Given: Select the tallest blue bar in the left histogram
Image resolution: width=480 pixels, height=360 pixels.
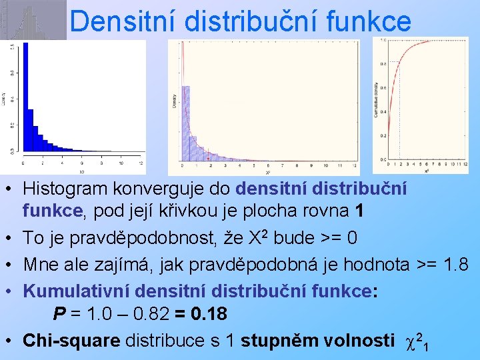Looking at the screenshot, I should pos(27,100).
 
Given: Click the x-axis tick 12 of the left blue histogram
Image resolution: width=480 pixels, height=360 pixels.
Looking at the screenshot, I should pos(139,162).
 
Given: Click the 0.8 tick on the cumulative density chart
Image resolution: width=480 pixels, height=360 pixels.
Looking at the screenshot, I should pos(382,64).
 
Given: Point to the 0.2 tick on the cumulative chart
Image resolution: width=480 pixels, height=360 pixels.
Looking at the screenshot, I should pos(382,136).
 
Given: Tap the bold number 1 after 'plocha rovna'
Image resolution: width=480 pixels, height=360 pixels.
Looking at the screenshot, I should pos(360,211).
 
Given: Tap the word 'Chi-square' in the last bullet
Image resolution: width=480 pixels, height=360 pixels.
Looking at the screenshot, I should pos(71,340).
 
